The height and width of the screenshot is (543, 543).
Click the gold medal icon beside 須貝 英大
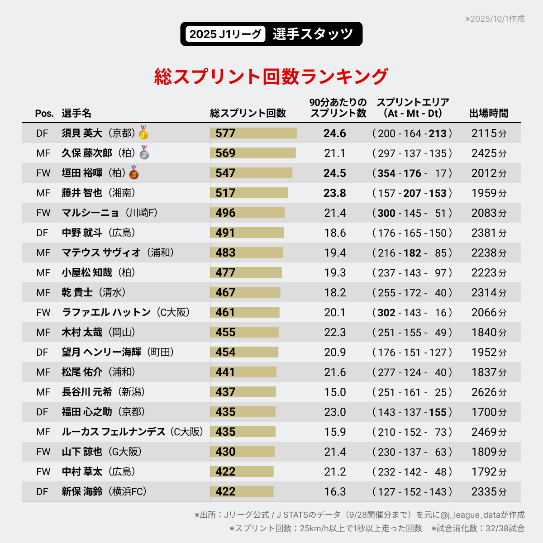[143, 133]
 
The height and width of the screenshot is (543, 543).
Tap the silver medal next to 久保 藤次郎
[144, 153]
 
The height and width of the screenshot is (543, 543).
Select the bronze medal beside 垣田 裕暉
[134, 173]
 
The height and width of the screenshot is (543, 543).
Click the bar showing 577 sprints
[253, 133]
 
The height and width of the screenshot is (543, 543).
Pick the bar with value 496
[248, 213]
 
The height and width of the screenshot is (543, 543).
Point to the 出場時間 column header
[489, 113]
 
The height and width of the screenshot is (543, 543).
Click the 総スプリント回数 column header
[248, 113]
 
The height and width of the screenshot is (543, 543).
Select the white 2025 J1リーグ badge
[225, 34]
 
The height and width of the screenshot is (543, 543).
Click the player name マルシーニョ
[90, 213]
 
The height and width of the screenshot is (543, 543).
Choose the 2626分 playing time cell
[489, 392]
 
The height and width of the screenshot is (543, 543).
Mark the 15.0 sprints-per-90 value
[335, 392]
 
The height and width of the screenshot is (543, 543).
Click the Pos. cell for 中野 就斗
[42, 233]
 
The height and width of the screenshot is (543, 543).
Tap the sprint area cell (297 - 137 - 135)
[412, 153]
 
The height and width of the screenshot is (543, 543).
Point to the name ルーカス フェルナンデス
[114, 432]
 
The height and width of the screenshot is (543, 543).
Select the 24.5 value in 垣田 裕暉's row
[335, 173]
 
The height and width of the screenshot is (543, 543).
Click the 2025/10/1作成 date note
[495, 19]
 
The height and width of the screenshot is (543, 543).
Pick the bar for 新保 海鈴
[242, 491]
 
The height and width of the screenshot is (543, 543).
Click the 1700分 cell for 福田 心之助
[489, 412]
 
